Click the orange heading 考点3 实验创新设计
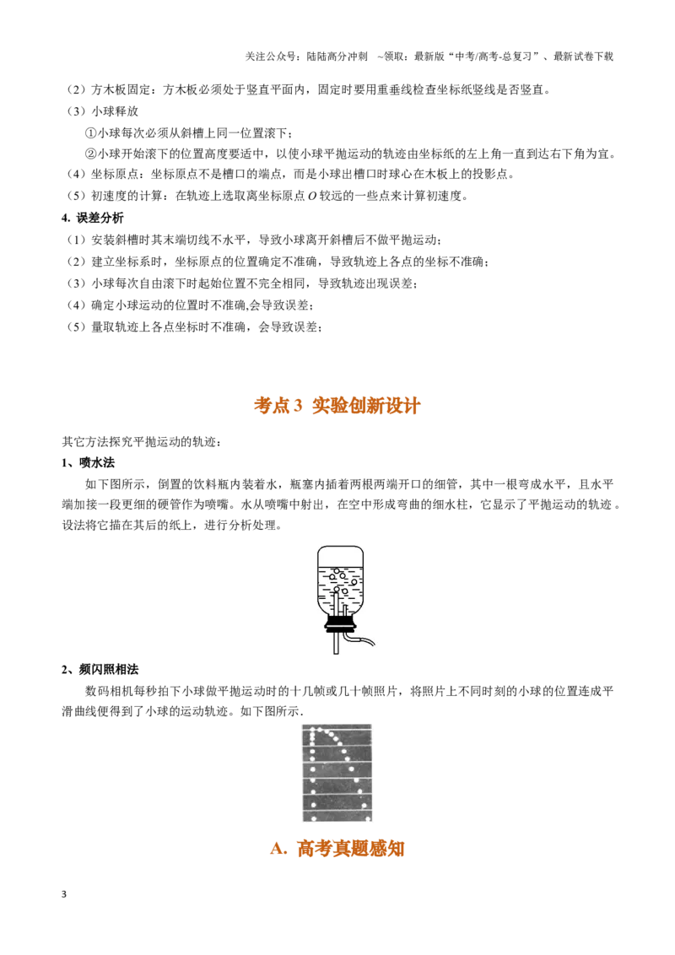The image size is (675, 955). click(x=337, y=406)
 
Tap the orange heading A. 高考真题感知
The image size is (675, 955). click(x=337, y=848)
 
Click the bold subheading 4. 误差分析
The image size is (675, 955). click(x=93, y=218)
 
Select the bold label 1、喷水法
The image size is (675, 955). click(x=89, y=463)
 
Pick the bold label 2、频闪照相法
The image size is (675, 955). click(x=100, y=669)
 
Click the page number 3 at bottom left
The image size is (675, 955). click(x=64, y=894)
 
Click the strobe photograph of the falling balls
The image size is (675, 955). click(x=337, y=773)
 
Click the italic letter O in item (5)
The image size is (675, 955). click(x=312, y=196)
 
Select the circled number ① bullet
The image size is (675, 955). click(x=90, y=133)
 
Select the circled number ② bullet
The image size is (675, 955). click(x=90, y=154)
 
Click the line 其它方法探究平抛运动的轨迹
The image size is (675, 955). click(x=142, y=441)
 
